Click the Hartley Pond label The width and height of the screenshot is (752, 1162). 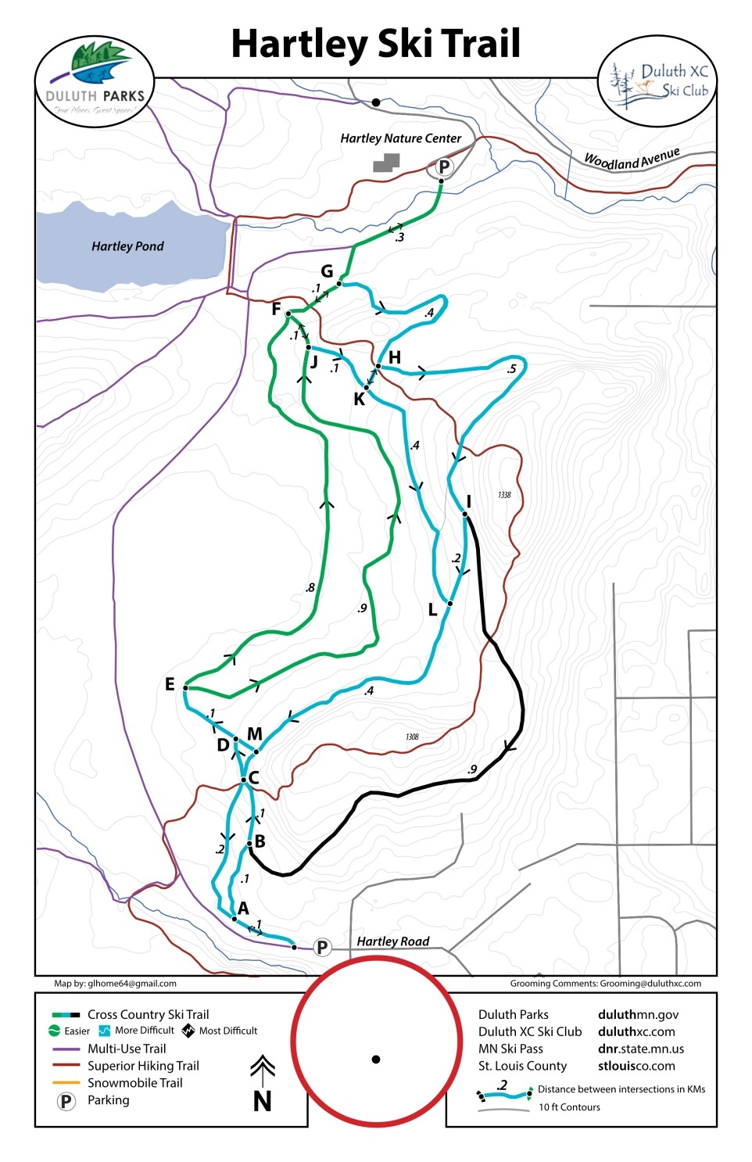coord(127,246)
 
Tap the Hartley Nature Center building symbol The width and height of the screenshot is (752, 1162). coord(386,162)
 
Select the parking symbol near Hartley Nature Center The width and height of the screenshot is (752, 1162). coord(444,167)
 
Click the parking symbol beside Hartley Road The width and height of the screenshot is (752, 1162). coord(321,947)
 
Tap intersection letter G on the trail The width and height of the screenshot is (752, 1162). coord(327,271)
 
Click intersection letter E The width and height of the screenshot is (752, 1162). coord(170,684)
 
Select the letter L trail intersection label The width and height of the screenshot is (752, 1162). coord(432,610)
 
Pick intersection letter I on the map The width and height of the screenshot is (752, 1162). coord(468,501)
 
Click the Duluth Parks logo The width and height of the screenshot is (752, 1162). coord(95,79)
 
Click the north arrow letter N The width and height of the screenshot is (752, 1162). coord(263,1101)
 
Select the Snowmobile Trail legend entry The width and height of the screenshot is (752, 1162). coord(134,1083)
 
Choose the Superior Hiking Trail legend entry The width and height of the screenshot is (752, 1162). coord(143,1066)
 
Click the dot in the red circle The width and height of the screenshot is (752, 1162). coord(376,1060)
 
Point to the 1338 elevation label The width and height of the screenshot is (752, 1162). coord(504,495)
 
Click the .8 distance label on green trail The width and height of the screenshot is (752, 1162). coord(310,587)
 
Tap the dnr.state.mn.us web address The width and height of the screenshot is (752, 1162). coord(640,1049)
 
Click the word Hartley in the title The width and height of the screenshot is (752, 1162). coord(299,44)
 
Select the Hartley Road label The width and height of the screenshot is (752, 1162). coord(392,941)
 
